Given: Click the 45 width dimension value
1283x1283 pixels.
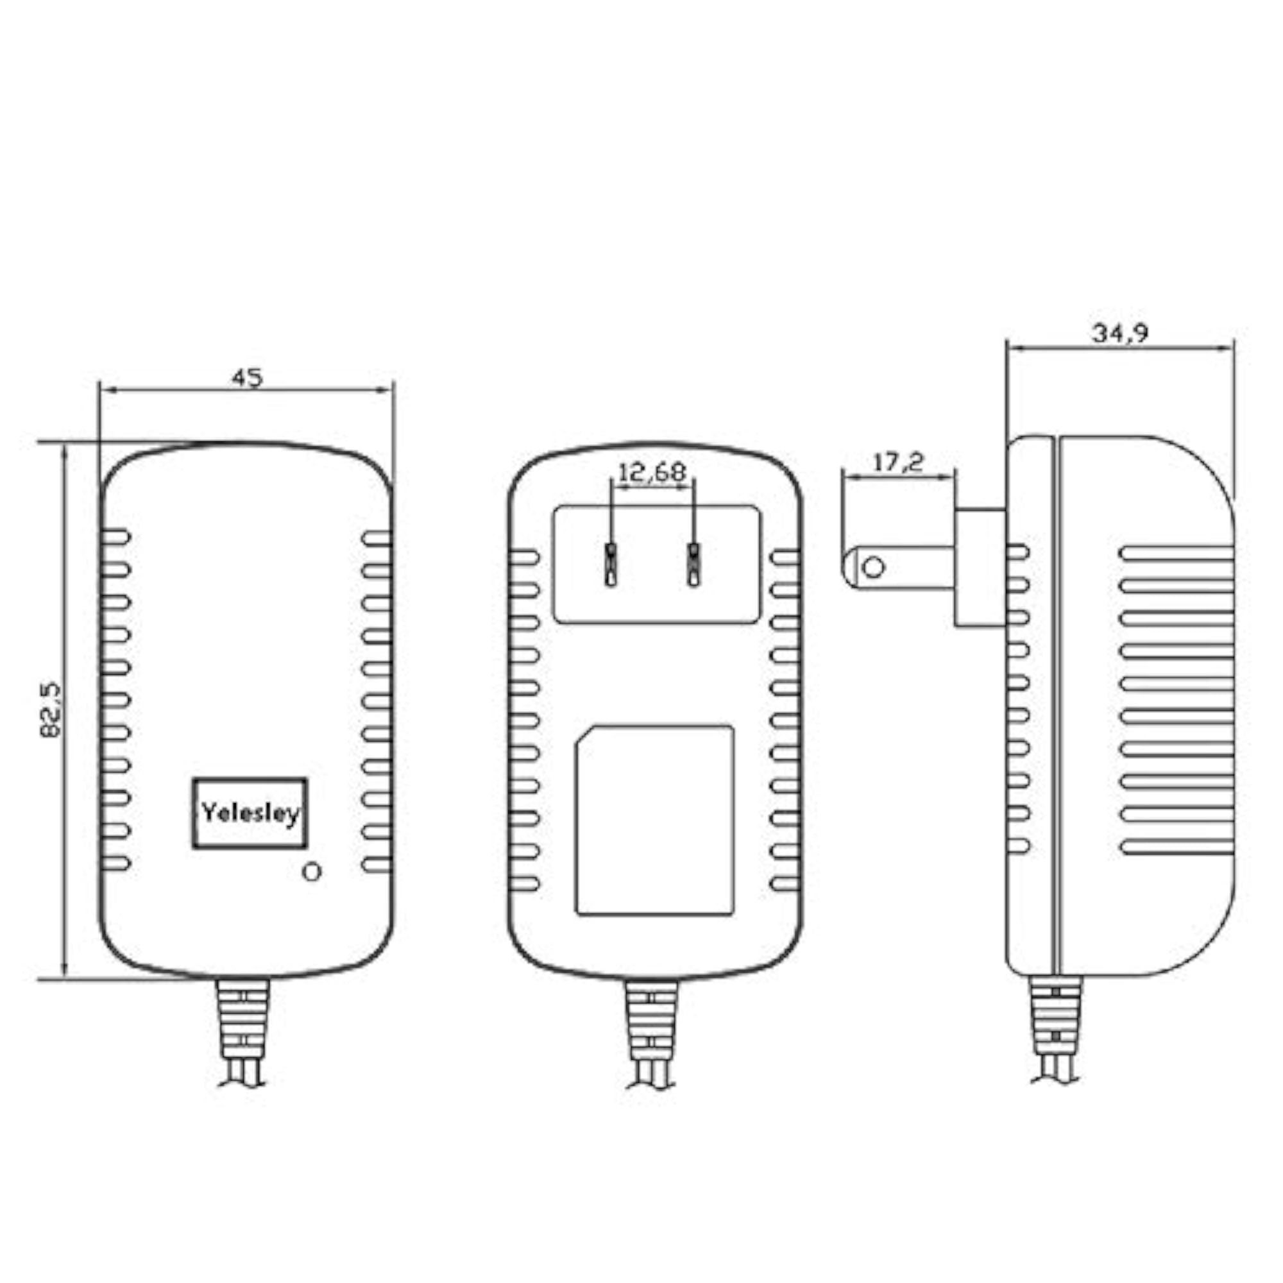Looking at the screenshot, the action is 247,377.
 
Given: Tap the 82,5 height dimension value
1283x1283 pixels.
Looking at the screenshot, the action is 51,710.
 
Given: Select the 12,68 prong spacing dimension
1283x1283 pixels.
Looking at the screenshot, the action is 652,472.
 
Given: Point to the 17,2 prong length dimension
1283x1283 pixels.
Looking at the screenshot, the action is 898,461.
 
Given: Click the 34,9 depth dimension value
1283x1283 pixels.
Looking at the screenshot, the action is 1121,333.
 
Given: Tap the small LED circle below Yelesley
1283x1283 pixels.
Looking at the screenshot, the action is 312,871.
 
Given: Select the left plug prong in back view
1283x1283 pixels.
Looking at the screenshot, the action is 611,565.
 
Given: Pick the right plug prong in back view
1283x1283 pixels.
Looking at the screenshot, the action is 693,565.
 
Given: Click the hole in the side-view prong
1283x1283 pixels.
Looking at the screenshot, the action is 873,567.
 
